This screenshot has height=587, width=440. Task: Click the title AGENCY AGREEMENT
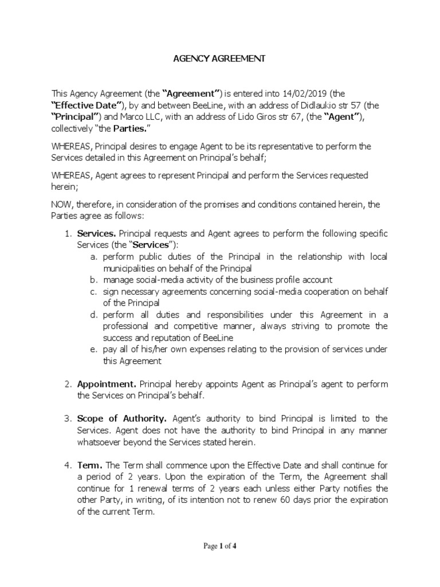[220, 59]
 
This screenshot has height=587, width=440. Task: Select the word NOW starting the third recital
[62, 204]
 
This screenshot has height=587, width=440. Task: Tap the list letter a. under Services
[93, 257]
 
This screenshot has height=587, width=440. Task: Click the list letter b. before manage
[93, 280]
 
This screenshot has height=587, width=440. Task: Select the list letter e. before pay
[93, 350]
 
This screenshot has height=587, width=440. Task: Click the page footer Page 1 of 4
[220, 546]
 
